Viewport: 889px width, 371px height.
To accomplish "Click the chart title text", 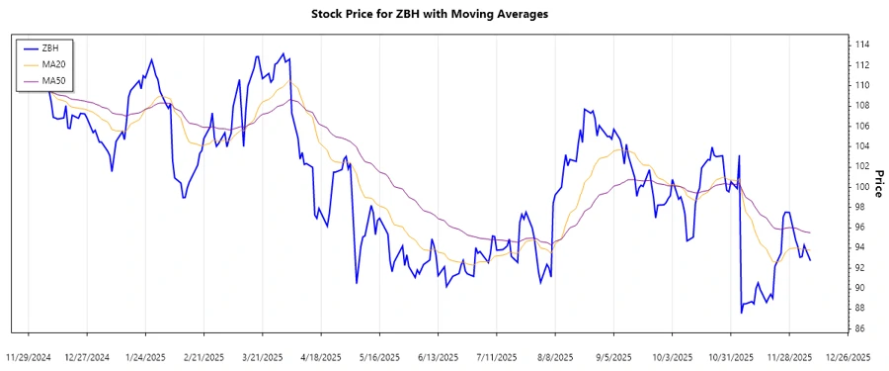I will (x=444, y=14).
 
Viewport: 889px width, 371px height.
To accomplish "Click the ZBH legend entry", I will (x=52, y=46).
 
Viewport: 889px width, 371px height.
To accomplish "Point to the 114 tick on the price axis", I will (x=862, y=45).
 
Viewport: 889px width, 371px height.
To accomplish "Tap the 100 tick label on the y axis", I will (x=862, y=187).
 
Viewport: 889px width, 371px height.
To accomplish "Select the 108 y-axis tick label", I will (x=862, y=106).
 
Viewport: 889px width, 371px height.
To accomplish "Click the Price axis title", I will (x=879, y=187).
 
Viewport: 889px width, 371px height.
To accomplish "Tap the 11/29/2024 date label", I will (x=29, y=356).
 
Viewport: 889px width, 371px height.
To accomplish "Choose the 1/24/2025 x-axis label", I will (x=146, y=356).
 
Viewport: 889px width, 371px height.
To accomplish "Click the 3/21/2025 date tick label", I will (x=263, y=356).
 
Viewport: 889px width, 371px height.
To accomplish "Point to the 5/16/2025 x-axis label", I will (x=379, y=356).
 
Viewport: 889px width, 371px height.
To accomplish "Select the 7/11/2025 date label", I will (x=497, y=356).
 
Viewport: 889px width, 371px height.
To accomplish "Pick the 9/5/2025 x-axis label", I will (x=613, y=356).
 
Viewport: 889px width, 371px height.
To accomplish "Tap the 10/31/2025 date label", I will (x=731, y=356).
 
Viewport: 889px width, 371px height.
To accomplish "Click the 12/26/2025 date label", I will (x=848, y=356).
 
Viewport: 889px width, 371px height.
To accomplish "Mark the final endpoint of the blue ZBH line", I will (x=810, y=260).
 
